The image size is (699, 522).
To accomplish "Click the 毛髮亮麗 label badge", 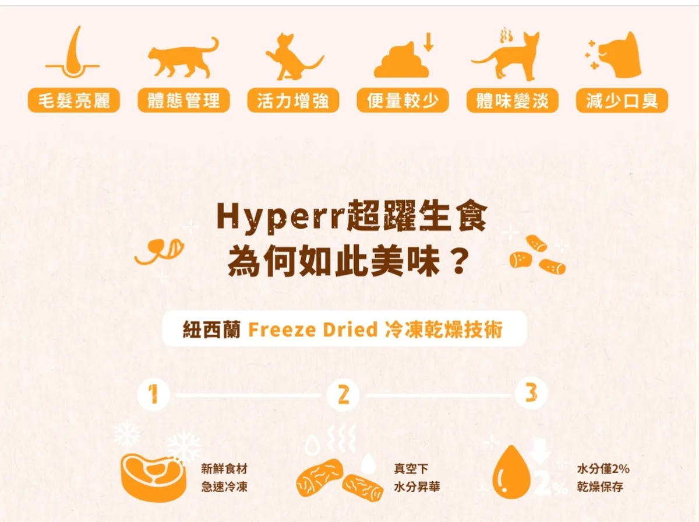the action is pos(74,100).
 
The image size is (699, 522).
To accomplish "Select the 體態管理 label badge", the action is pos(183,100).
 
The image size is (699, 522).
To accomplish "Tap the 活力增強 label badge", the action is pos(293,100).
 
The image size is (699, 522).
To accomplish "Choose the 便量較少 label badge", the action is pos(403,100).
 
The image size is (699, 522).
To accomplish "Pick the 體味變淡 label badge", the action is pos(513,100).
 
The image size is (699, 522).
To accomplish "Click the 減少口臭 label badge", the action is pos(622,100).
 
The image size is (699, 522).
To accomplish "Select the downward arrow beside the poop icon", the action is pos(429,41).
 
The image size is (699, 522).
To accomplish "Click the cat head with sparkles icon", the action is pos(613,55).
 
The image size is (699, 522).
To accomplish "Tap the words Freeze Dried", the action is pos(313,330).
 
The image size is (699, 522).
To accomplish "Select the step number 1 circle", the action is pos(154,394).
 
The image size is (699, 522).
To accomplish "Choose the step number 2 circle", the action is pos(343,394).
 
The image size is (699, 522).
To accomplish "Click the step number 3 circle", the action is pos(531,393).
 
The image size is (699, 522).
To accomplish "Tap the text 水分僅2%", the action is pos(603,469).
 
